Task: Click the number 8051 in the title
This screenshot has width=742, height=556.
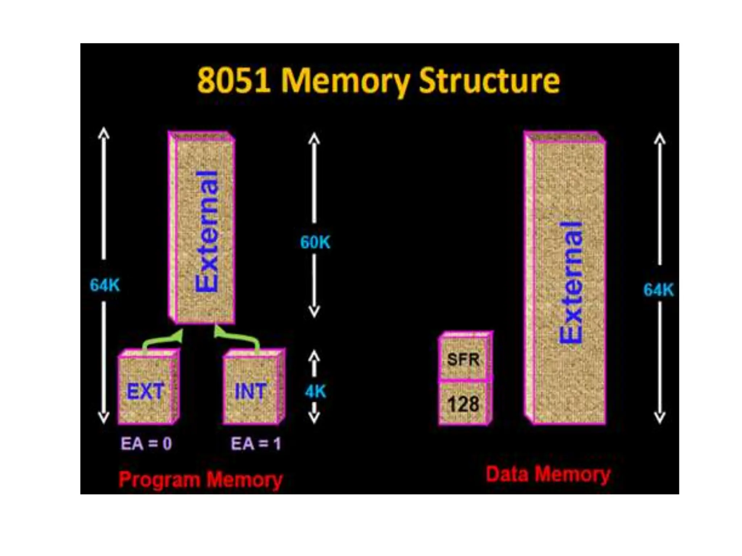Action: click(x=234, y=80)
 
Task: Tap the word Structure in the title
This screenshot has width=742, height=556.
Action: click(x=489, y=81)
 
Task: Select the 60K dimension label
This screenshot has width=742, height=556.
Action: click(x=315, y=242)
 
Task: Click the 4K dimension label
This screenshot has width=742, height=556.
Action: click(x=315, y=392)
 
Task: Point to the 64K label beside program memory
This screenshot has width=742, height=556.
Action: click(x=105, y=285)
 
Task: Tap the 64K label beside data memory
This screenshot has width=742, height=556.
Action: click(x=658, y=290)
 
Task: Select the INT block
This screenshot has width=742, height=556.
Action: click(x=251, y=391)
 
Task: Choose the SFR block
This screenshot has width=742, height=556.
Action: click(x=463, y=359)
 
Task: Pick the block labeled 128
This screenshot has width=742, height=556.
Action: click(x=463, y=404)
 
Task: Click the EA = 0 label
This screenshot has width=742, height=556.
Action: click(x=146, y=443)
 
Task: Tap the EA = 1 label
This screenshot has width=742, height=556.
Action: click(x=256, y=443)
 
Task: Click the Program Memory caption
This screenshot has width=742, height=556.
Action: click(x=200, y=480)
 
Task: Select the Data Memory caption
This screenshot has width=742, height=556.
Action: click(x=548, y=474)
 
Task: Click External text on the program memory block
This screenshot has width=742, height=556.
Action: click(x=207, y=232)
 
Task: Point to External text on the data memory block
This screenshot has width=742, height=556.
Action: click(x=571, y=282)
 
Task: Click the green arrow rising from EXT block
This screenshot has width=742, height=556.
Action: click(x=163, y=339)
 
